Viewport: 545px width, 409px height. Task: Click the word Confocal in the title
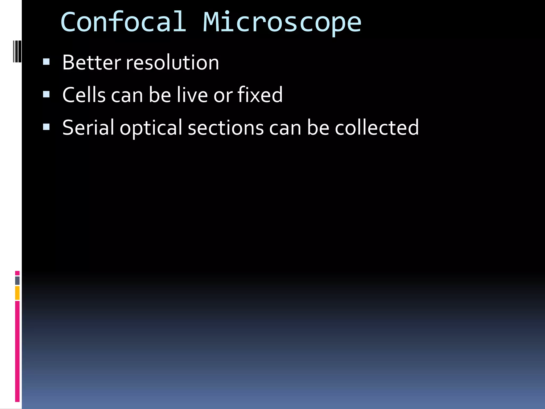pos(123,22)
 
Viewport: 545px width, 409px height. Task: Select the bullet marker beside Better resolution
pos(46,62)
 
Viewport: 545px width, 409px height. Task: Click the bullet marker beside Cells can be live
pos(46,94)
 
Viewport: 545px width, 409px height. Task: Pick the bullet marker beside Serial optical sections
pos(46,127)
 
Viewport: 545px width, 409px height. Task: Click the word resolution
pos(172,63)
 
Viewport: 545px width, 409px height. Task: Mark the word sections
pos(226,128)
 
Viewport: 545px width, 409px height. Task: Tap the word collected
pos(377,128)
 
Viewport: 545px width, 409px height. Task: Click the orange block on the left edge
pos(17,293)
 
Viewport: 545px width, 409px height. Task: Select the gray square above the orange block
pos(17,280)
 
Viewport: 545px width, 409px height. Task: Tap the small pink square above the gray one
pos(17,273)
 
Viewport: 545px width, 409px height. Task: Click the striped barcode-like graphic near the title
pos(17,51)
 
